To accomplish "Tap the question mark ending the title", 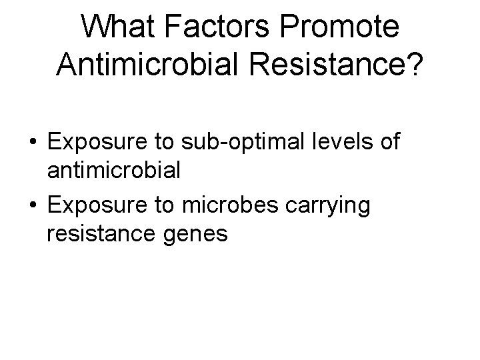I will point(413,65).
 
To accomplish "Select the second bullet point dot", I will point(33,206).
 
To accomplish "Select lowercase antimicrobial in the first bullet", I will point(113,171).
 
